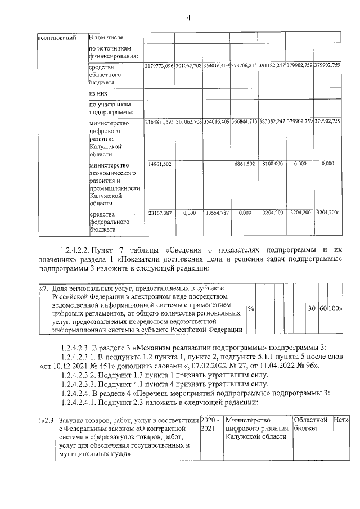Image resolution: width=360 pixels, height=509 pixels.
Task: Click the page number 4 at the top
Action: [x=188, y=18]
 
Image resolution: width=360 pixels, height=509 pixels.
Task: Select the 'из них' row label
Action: [x=98, y=93]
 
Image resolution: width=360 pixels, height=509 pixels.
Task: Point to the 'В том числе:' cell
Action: [x=107, y=38]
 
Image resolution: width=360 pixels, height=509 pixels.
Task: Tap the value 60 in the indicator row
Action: [x=323, y=309]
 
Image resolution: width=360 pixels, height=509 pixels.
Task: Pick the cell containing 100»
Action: [x=335, y=309]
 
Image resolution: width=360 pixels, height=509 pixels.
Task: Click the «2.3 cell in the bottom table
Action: [x=47, y=420]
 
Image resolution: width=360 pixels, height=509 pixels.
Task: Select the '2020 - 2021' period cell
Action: [x=210, y=424]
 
